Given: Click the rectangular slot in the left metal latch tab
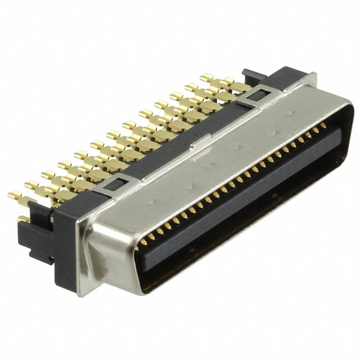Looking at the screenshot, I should [119, 182].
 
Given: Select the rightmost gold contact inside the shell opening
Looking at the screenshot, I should [325, 128].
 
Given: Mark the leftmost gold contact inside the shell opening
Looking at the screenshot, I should [142, 242].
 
